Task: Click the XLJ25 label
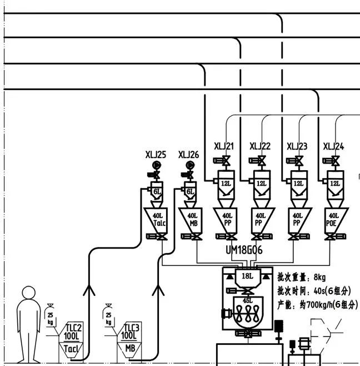click(x=156, y=155)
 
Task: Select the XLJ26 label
click(x=189, y=155)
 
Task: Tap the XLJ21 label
click(x=224, y=146)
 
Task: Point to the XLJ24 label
click(x=333, y=146)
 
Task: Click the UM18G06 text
click(x=244, y=250)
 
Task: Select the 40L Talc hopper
click(x=158, y=219)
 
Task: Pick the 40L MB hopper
click(x=192, y=219)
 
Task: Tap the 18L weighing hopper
click(x=247, y=276)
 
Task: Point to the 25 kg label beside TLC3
click(x=108, y=319)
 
